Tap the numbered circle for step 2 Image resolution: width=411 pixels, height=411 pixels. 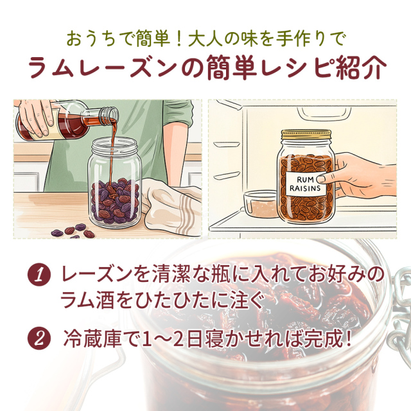click(x=39, y=338)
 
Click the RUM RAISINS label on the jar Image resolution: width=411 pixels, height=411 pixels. click(x=305, y=184)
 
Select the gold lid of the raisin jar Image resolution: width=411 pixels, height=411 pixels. click(x=306, y=135)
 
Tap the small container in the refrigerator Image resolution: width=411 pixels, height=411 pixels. click(x=260, y=204)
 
